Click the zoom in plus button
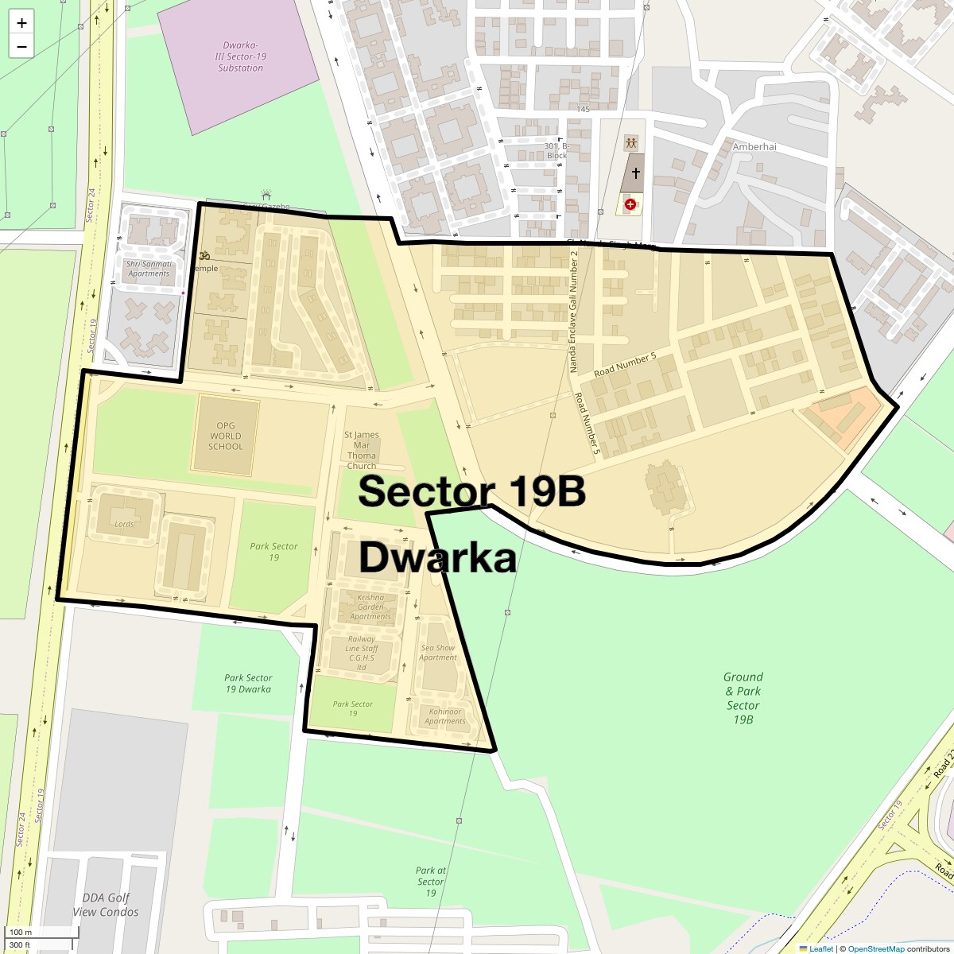[x=21, y=23]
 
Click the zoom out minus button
[x=21, y=47]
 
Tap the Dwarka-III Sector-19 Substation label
[x=240, y=56]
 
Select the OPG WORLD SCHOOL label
[x=226, y=436]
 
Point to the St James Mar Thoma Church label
[x=362, y=450]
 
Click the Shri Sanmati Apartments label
[x=149, y=269]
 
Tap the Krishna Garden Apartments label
[x=370, y=607]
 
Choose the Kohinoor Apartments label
[x=444, y=716]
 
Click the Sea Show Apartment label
[x=438, y=653]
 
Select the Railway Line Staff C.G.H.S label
[x=362, y=653]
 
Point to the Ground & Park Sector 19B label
[x=743, y=698]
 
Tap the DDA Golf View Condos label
[x=106, y=905]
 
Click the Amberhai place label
[x=754, y=147]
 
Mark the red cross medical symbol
[x=630, y=204]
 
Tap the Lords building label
[x=124, y=524]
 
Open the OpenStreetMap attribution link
[x=875, y=948]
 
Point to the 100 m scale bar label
[x=21, y=932]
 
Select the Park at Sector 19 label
[x=431, y=882]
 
